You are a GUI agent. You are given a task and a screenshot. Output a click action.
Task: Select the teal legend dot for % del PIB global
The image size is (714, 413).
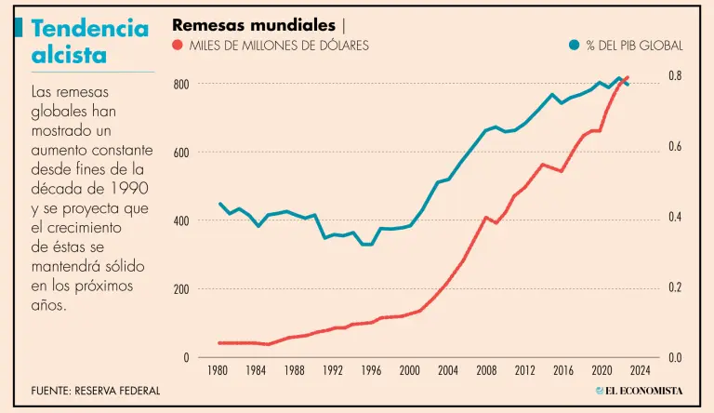point(575,45)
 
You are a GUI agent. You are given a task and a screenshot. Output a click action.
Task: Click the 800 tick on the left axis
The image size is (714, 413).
point(181,85)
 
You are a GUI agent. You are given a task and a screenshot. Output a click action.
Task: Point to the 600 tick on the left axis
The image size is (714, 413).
point(181,153)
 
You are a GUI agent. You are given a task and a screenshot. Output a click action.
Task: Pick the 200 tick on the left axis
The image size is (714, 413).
point(181,289)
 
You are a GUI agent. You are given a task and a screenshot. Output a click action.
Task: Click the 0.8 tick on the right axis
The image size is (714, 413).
point(676,75)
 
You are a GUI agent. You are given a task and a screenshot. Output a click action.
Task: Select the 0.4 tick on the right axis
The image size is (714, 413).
point(676,217)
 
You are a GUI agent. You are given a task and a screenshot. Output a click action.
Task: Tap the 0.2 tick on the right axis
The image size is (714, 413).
point(676,287)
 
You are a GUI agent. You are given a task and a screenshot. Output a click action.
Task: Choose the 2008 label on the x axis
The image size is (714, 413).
point(487,369)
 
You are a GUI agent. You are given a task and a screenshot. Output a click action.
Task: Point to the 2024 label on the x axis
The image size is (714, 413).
point(640,369)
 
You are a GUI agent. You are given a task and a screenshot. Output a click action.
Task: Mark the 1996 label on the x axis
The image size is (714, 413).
point(372,369)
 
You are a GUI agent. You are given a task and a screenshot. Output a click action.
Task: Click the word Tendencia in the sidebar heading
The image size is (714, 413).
point(90,28)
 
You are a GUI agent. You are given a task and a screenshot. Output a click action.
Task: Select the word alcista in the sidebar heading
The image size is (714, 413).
point(69,55)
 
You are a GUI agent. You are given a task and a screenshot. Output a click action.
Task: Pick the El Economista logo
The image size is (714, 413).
point(639,391)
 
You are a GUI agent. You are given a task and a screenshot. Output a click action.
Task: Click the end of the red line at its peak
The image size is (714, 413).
point(628,77)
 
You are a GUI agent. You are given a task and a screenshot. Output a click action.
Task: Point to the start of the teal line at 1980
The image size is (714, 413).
point(220,204)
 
